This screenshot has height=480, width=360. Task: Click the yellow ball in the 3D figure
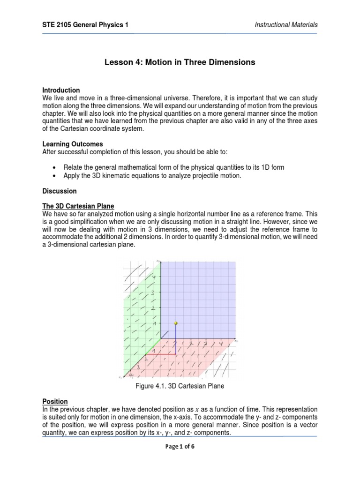(x=176, y=323)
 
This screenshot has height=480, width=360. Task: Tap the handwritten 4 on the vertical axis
(x=153, y=278)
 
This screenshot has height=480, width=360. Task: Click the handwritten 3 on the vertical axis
(x=152, y=293)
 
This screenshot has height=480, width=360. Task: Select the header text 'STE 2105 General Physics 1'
(x=85, y=25)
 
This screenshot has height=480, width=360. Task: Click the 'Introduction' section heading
(x=61, y=90)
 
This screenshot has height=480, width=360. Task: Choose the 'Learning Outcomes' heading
(x=73, y=144)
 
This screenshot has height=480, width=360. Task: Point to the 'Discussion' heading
(x=60, y=191)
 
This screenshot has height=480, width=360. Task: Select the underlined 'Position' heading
(x=55, y=402)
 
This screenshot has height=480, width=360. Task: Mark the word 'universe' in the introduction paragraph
(x=176, y=98)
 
